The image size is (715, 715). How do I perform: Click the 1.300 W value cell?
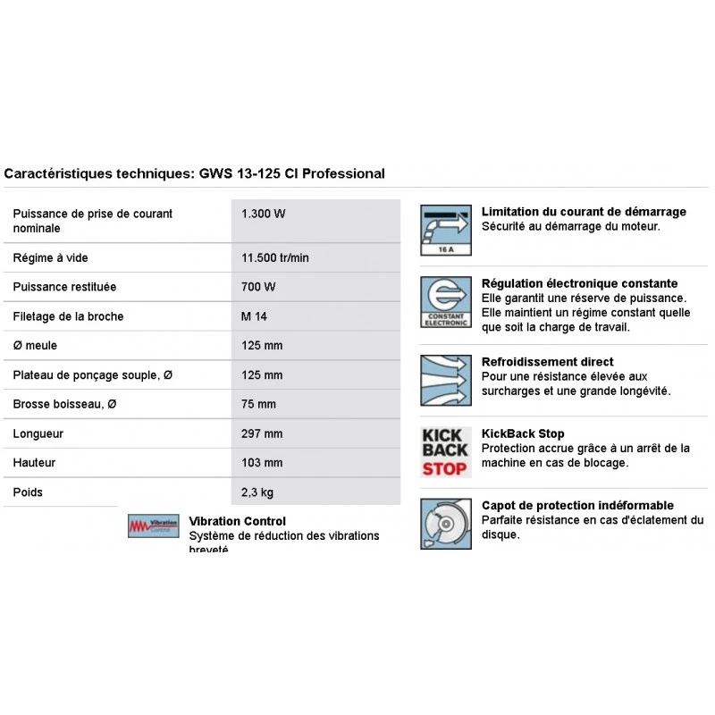tap(264, 214)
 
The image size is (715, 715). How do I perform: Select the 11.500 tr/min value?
tap(275, 258)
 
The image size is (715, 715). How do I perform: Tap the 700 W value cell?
tap(258, 287)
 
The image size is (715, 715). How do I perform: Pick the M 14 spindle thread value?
tap(255, 316)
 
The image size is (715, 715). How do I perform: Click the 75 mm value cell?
tap(258, 404)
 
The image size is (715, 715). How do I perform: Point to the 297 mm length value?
tap(262, 433)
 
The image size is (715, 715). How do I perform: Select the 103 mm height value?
tap(262, 463)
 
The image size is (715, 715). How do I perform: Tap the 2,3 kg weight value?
tap(257, 492)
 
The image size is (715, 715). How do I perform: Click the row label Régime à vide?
tap(51, 258)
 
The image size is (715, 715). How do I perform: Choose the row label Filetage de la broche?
tap(69, 316)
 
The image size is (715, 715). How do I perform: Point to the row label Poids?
tap(28, 492)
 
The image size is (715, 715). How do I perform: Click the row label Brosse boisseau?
tap(65, 404)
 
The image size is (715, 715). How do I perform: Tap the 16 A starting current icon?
tap(445, 231)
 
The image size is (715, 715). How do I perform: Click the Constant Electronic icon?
tap(445, 302)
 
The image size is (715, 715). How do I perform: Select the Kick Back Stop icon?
tap(445, 451)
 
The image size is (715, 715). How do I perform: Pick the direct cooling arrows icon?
tap(445, 380)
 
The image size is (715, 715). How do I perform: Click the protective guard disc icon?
tap(445, 524)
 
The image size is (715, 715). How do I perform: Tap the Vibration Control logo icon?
tap(154, 526)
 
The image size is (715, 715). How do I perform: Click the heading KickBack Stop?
tap(523, 434)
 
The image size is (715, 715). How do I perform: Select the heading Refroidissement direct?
tap(548, 362)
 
